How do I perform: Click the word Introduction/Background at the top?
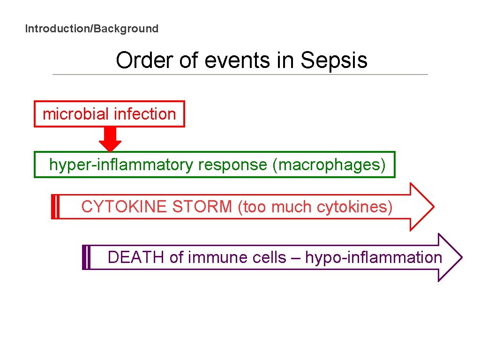click(x=91, y=29)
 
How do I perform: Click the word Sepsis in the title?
click(x=334, y=60)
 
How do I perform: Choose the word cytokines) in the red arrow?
click(x=355, y=207)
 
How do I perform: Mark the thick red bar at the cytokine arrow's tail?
click(x=53, y=207)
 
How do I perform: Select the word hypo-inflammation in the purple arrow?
click(x=374, y=257)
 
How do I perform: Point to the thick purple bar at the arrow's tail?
click(x=85, y=257)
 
